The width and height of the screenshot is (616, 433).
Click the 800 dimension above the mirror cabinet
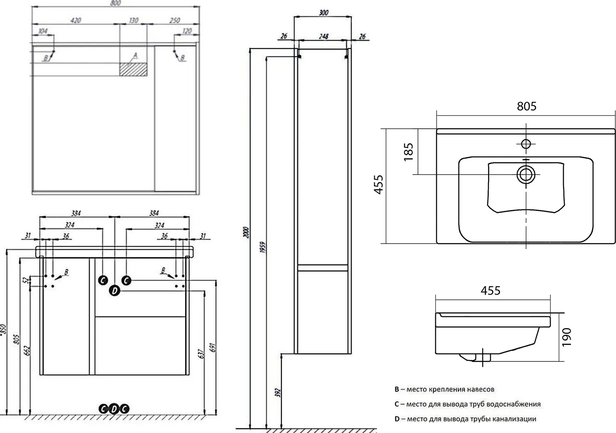tap(115, 3)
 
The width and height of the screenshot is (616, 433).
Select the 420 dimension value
tap(76, 21)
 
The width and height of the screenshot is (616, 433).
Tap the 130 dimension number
tap(133, 21)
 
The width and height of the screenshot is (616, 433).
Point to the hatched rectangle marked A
tap(133, 69)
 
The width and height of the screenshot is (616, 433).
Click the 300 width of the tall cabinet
tap(324, 13)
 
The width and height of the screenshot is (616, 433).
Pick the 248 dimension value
tap(324, 36)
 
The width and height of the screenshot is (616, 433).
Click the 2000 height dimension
tap(246, 233)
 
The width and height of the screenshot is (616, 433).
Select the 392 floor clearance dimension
tap(277, 392)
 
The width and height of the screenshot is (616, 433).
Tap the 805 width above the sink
tap(527, 106)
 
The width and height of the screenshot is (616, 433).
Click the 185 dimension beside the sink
tap(409, 152)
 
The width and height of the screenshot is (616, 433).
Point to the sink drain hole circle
tap(526, 175)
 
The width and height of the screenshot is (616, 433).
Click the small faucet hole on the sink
tap(526, 144)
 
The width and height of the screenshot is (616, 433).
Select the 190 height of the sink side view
tap(567, 337)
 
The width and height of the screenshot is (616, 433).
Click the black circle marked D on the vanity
tap(115, 291)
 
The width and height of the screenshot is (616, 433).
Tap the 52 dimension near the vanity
tap(26, 281)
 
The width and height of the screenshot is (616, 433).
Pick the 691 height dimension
tap(213, 347)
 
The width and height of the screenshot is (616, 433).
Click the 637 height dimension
tap(201, 354)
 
